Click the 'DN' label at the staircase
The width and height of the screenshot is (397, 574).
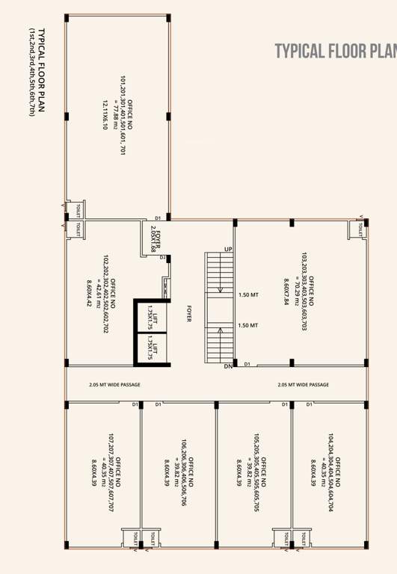coord(228,366)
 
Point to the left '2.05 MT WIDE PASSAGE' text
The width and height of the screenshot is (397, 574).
coord(114,385)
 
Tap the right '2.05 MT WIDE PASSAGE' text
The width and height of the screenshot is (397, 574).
coord(303,385)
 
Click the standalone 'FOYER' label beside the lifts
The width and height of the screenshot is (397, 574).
coord(189,314)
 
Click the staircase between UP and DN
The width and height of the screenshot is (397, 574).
coord(219,307)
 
